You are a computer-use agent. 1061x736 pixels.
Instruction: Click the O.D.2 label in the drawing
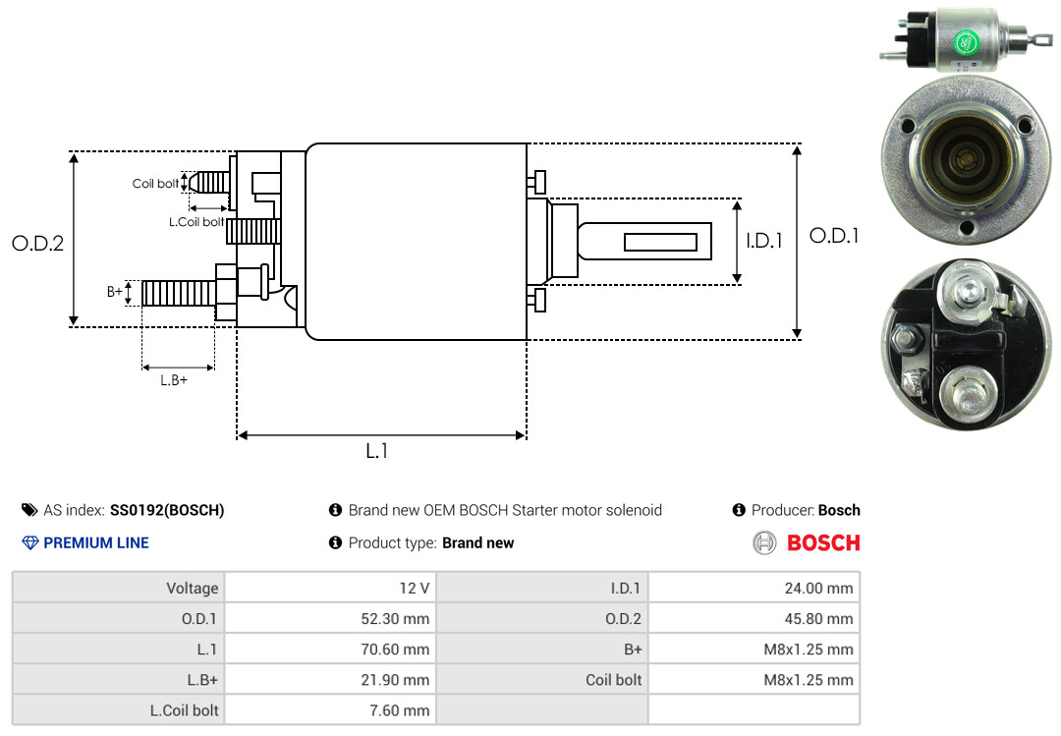(x=38, y=243)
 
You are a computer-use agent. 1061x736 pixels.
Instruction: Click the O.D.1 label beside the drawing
(x=834, y=236)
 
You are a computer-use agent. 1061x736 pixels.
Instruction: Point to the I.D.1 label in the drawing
(x=764, y=241)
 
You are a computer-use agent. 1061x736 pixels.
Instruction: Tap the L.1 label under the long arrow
(x=377, y=451)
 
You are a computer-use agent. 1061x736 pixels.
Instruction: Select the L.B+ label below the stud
(x=174, y=380)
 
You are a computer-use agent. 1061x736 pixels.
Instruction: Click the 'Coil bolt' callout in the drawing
(x=155, y=184)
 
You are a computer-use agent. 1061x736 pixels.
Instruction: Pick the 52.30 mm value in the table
(x=395, y=619)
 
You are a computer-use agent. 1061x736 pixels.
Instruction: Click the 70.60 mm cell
(x=395, y=650)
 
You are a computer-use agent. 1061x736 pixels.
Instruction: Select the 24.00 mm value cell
(x=818, y=589)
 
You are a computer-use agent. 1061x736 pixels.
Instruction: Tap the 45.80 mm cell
(x=818, y=619)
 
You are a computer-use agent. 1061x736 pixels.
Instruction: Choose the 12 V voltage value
(x=415, y=589)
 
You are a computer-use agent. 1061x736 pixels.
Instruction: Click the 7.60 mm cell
(x=399, y=710)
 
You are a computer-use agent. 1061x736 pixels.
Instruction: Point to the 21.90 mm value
(x=395, y=680)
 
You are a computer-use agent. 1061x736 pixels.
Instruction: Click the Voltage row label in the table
(x=193, y=589)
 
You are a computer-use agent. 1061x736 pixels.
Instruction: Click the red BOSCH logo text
(x=823, y=543)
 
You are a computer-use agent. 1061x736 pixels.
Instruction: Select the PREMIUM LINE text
(x=96, y=543)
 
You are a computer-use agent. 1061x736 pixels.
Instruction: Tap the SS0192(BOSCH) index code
(x=167, y=511)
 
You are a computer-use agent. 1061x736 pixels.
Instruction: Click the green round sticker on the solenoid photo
(x=967, y=43)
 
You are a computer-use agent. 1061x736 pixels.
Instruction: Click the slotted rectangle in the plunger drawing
(x=660, y=242)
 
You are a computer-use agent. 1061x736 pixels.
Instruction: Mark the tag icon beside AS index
(x=29, y=510)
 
